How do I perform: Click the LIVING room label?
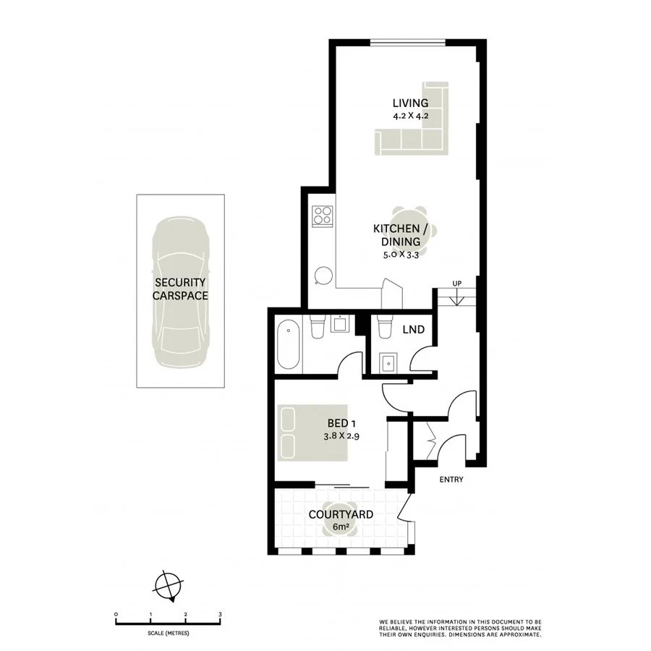pyautogui.click(x=410, y=103)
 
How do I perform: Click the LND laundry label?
pyautogui.click(x=414, y=331)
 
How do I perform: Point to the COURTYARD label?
pyautogui.click(x=340, y=515)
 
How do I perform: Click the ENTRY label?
pyautogui.click(x=451, y=480)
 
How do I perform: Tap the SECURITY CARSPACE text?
pyautogui.click(x=179, y=289)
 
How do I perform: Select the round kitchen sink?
pyautogui.click(x=323, y=276)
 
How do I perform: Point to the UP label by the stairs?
pyautogui.click(x=456, y=283)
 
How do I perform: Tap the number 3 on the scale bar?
pyautogui.click(x=220, y=614)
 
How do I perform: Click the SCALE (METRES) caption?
pyautogui.click(x=168, y=633)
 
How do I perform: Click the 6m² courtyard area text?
pyautogui.click(x=340, y=527)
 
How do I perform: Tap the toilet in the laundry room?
pyautogui.click(x=385, y=326)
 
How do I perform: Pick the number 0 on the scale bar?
pyautogui.click(x=116, y=614)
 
